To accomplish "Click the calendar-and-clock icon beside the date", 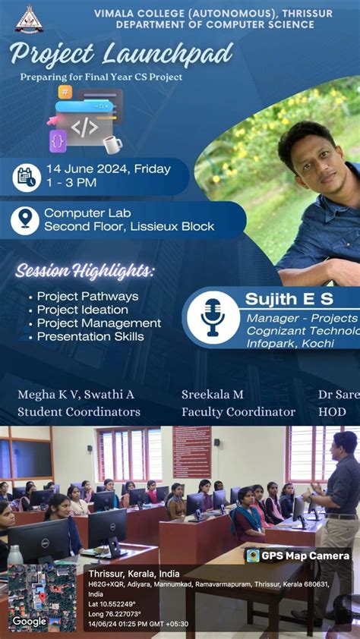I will pyautogui.click(x=26, y=177).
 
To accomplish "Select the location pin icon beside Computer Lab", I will pyautogui.click(x=25, y=220).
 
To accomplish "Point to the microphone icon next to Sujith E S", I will pyautogui.click(x=213, y=316).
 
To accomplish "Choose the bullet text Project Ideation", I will pyautogui.click(x=83, y=310).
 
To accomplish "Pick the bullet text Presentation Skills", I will pyautogui.click(x=88, y=336).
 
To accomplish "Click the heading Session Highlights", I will pyautogui.click(x=85, y=270).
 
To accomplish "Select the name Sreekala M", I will pyautogui.click(x=213, y=395).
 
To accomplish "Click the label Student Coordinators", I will pyautogui.click(x=79, y=412).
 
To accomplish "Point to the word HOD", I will pyautogui.click(x=333, y=412).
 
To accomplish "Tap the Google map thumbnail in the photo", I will pyautogui.click(x=43, y=597).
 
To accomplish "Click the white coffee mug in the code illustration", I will pyautogui.click(x=112, y=144).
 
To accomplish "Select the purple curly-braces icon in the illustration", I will pyautogui.click(x=58, y=140).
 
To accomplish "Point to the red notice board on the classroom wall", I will pyautogui.click(x=191, y=452).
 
